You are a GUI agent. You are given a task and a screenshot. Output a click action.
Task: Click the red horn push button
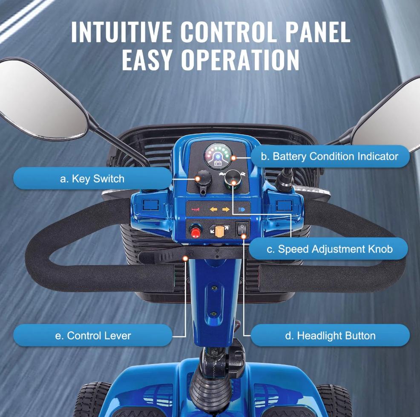(195, 231)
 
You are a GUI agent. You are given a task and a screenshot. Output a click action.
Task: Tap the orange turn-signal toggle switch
(219, 231)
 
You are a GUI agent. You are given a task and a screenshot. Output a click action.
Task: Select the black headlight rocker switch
(242, 229)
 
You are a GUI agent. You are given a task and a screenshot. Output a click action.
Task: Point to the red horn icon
(195, 209)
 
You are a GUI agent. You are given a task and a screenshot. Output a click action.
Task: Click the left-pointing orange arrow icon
(213, 209)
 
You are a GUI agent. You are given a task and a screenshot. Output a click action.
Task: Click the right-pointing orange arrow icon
(226, 209)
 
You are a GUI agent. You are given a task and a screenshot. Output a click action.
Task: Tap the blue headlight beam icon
(242, 209)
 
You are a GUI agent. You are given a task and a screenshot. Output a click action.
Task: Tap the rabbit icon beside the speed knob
(243, 174)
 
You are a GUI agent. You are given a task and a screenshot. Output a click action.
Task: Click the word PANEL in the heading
(317, 32)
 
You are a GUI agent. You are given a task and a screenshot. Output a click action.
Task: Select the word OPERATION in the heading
(240, 60)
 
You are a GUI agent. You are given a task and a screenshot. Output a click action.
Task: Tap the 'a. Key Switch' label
(92, 179)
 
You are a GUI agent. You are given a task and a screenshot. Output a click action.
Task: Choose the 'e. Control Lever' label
(93, 336)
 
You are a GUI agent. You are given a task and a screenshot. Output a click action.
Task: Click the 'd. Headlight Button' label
(330, 336)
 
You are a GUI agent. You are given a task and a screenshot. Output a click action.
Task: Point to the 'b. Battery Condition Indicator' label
(330, 156)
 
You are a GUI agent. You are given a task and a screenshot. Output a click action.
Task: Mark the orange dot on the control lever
(185, 258)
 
